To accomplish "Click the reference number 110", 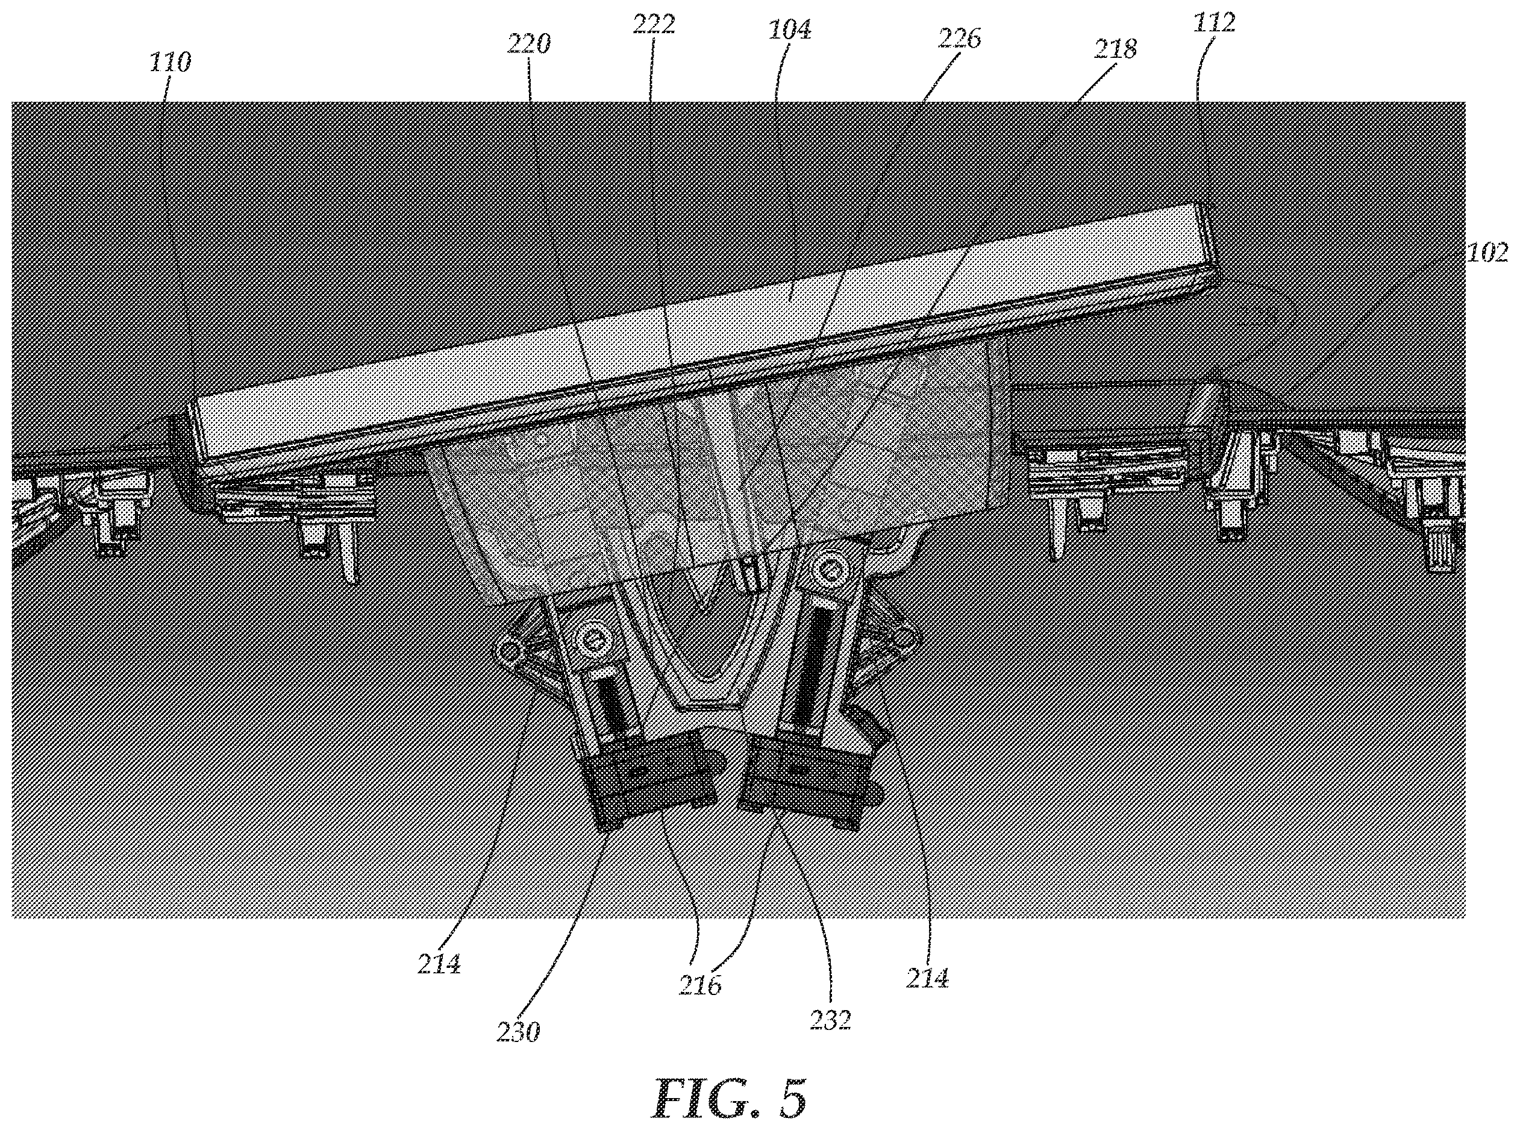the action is pyautogui.click(x=170, y=63).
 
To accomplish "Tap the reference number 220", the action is pyautogui.click(x=528, y=45).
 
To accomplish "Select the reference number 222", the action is pyautogui.click(x=654, y=24).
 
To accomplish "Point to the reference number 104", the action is pyautogui.click(x=789, y=30).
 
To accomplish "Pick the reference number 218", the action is pyautogui.click(x=1115, y=49).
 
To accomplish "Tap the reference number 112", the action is pyautogui.click(x=1215, y=22).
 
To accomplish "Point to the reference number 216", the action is pyautogui.click(x=700, y=985).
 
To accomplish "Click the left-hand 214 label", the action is pyautogui.click(x=439, y=964).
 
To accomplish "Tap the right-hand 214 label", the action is pyautogui.click(x=927, y=979).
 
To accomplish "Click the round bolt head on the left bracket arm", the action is pyautogui.click(x=592, y=639).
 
